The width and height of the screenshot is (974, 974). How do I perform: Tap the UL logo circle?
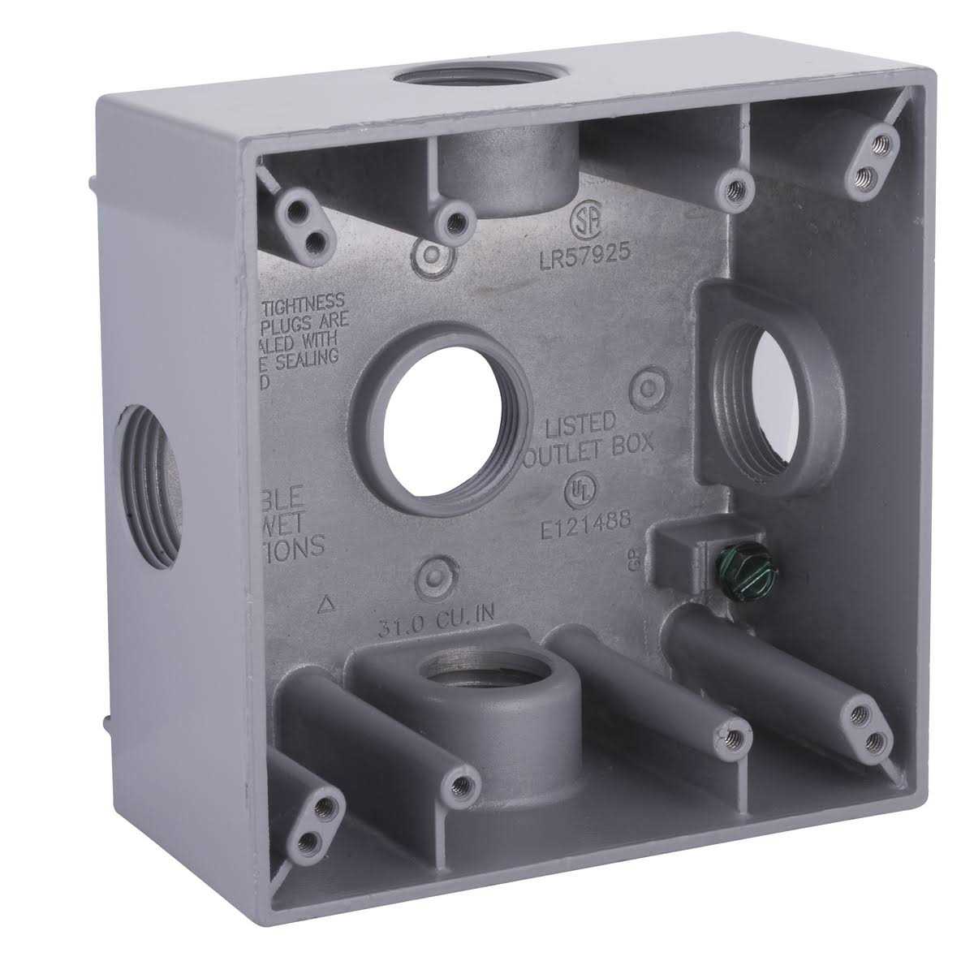pos(577,487)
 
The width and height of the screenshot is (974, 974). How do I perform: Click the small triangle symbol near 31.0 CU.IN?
pos(327,603)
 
